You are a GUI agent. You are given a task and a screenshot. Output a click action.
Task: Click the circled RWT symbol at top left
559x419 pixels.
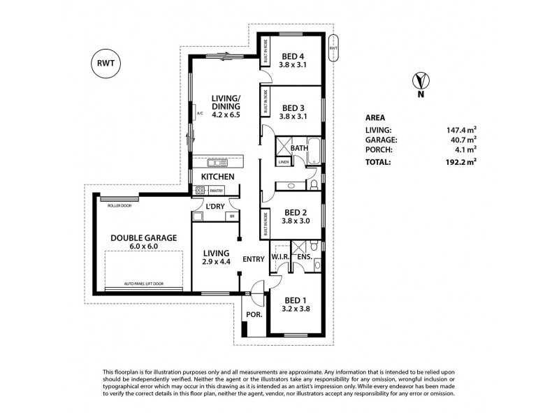[x=105, y=63]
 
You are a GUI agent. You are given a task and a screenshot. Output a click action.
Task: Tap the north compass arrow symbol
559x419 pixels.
[x=419, y=81]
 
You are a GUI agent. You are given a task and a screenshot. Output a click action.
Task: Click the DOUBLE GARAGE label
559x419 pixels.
[x=143, y=237]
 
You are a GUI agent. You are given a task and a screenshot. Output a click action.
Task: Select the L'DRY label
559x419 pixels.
[x=214, y=206]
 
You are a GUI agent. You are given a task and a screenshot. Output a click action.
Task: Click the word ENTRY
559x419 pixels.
[x=253, y=259]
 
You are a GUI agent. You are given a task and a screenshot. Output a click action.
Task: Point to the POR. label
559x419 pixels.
[x=252, y=315]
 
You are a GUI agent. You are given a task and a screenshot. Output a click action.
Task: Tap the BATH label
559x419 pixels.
[x=300, y=148]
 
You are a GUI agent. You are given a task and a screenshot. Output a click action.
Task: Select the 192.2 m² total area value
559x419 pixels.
[x=462, y=161]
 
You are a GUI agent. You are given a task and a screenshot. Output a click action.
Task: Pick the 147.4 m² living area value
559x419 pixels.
[x=462, y=129]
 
